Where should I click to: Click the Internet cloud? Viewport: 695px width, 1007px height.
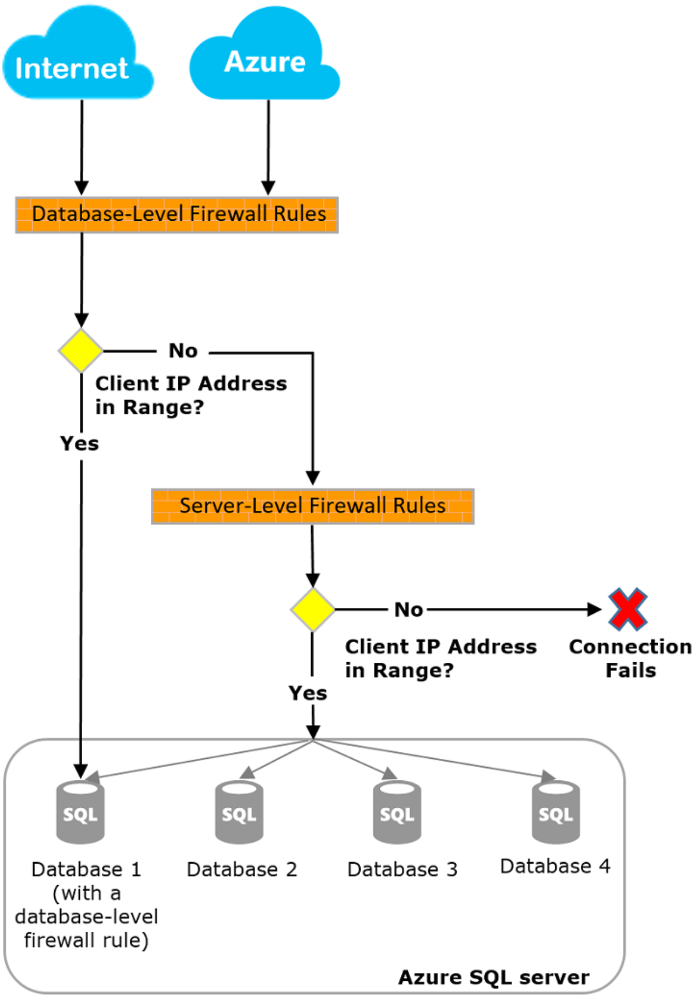[x=77, y=55]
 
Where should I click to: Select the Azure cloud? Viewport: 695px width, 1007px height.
[x=264, y=55]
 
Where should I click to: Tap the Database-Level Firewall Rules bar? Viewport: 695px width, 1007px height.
[x=177, y=215]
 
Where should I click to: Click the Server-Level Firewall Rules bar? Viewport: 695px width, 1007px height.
[x=313, y=506]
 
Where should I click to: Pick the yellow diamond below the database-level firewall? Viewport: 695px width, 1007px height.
[x=81, y=351]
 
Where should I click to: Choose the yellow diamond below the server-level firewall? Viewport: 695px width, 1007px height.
[x=313, y=610]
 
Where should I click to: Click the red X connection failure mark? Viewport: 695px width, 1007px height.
[x=627, y=609]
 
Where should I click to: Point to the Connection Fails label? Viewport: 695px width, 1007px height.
[x=630, y=658]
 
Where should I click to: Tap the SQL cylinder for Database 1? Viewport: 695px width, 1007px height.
[x=80, y=812]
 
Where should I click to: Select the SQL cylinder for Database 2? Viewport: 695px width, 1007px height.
[x=239, y=812]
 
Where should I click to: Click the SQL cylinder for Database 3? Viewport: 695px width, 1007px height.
[x=397, y=812]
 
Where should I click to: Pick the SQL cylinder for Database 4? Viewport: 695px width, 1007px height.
[x=556, y=812]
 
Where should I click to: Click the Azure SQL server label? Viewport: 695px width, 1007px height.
[x=493, y=977]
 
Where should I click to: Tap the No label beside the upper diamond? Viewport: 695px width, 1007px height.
[x=183, y=351]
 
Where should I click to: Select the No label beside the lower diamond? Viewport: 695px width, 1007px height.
[x=408, y=610]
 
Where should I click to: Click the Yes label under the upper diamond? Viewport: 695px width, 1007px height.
[x=79, y=444]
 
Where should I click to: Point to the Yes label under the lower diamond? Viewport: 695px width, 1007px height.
[x=308, y=693]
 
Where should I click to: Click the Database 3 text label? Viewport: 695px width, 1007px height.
[x=403, y=870]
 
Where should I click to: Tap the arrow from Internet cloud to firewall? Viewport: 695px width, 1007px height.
[x=82, y=147]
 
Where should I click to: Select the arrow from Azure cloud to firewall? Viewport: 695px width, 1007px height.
[x=268, y=147]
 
